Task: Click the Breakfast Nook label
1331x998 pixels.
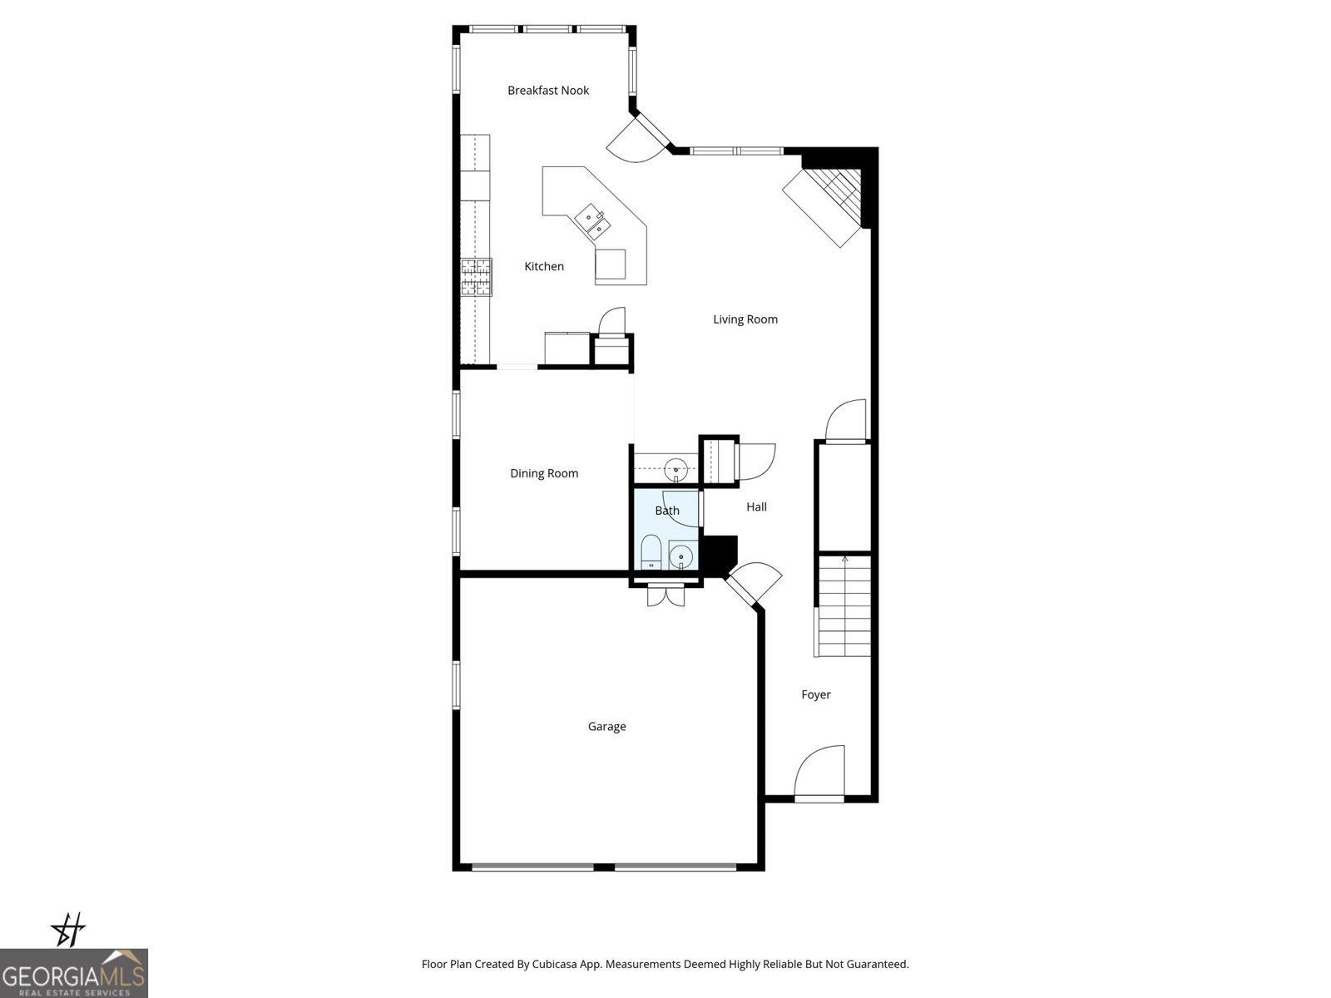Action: [548, 91]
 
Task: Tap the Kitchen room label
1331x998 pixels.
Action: [544, 267]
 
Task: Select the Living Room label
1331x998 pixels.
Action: [745, 319]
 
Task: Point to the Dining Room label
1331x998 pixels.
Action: [544, 474]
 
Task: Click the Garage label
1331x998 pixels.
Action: [606, 727]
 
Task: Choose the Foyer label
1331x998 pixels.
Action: [816, 695]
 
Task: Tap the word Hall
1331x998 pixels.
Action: [756, 507]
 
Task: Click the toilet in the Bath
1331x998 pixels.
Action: [651, 552]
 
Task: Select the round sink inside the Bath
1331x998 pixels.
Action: [682, 555]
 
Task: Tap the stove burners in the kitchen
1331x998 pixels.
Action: [477, 277]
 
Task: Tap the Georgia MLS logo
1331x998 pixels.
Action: [73, 973]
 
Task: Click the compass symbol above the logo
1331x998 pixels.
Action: [69, 930]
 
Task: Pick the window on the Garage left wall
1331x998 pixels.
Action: [456, 684]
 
